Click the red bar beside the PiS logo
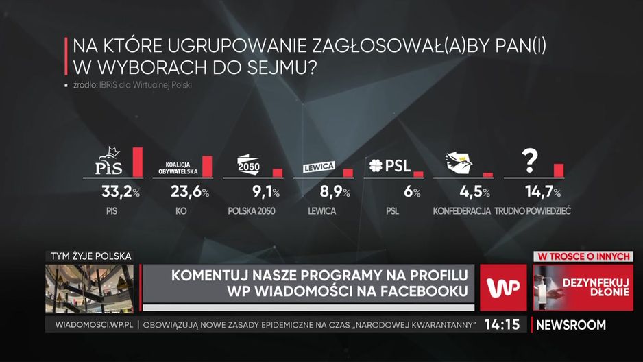[137, 162]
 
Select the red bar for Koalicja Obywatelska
[207, 166]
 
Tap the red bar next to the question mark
[558, 170]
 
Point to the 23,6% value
[186, 192]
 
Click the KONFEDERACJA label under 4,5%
[462, 211]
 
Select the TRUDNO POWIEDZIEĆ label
[537, 211]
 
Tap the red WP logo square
[504, 287]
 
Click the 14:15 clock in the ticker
[502, 325]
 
